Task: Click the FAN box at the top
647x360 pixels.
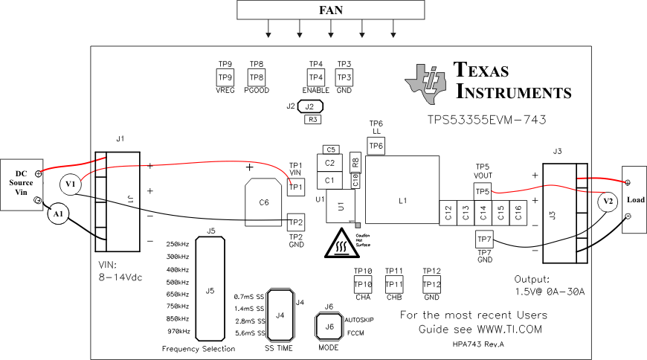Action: (331, 10)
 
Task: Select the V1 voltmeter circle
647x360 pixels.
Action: (69, 184)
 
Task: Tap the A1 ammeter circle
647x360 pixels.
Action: (57, 214)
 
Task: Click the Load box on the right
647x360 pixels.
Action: (634, 199)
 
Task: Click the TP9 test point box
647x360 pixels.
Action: (225, 77)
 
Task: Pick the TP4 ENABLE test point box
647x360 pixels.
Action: (315, 77)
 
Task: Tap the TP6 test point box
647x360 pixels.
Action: (376, 147)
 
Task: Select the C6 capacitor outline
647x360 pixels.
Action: (263, 202)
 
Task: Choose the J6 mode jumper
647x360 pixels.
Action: (329, 325)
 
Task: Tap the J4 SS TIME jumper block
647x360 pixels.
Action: (280, 315)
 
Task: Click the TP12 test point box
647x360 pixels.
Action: (431, 284)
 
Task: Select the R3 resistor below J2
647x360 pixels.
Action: (313, 119)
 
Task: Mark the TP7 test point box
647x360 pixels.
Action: (484, 239)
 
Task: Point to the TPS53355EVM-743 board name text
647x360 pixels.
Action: (491, 118)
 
